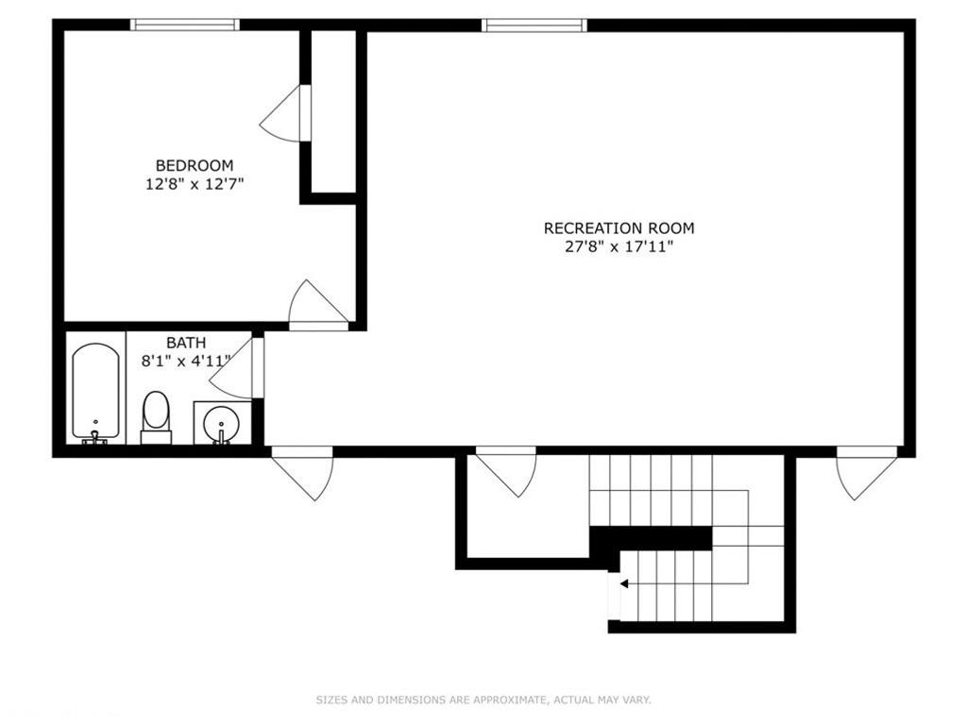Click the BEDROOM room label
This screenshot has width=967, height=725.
coord(195,165)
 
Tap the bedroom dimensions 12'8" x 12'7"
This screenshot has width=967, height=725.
coord(195,185)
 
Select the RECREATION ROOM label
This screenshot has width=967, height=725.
coord(619,228)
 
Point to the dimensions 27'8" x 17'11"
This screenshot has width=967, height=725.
coord(619,247)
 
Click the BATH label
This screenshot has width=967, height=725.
coord(186,343)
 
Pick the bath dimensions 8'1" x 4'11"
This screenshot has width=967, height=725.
coord(186,361)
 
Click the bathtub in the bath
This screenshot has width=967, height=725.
coord(95,391)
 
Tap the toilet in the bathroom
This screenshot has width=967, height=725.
coord(156,415)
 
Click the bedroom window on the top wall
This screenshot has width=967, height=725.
coord(184,25)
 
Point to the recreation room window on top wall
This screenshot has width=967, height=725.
coord(534,25)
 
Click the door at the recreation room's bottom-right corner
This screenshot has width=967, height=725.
coord(864,474)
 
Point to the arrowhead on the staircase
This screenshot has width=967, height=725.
coord(623,584)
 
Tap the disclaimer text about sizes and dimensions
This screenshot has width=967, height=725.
coord(483,700)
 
